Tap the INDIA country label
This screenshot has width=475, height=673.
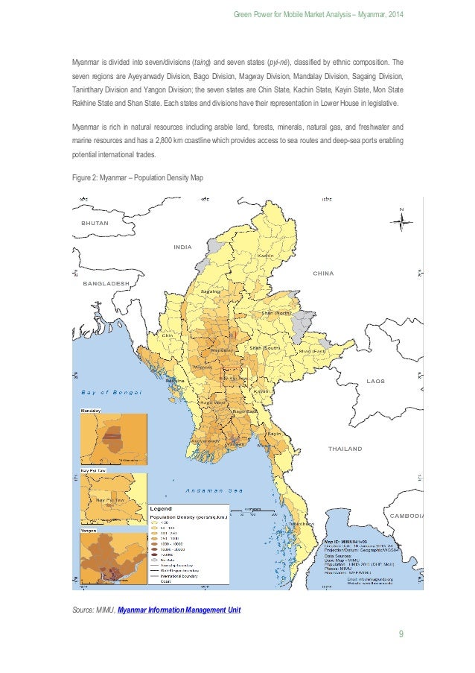pos(183,247)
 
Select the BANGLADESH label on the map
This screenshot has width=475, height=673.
pos(106,283)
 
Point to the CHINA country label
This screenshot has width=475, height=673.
pos(323,274)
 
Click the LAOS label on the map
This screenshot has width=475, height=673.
pos(375,381)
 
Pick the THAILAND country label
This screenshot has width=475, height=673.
pos(345,449)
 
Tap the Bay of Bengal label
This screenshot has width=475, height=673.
pos(112,393)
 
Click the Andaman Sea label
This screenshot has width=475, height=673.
pos(216,490)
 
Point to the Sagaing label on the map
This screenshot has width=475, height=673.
pos(211,291)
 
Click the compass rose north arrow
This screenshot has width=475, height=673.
pos(401,220)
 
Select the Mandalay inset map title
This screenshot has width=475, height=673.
pos(91,411)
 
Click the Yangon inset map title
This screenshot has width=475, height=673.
pos(89,532)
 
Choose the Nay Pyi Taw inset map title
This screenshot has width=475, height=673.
pos(92,471)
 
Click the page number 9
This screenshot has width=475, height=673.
pos(401,635)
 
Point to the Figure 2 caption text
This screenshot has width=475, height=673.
pos(136,177)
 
